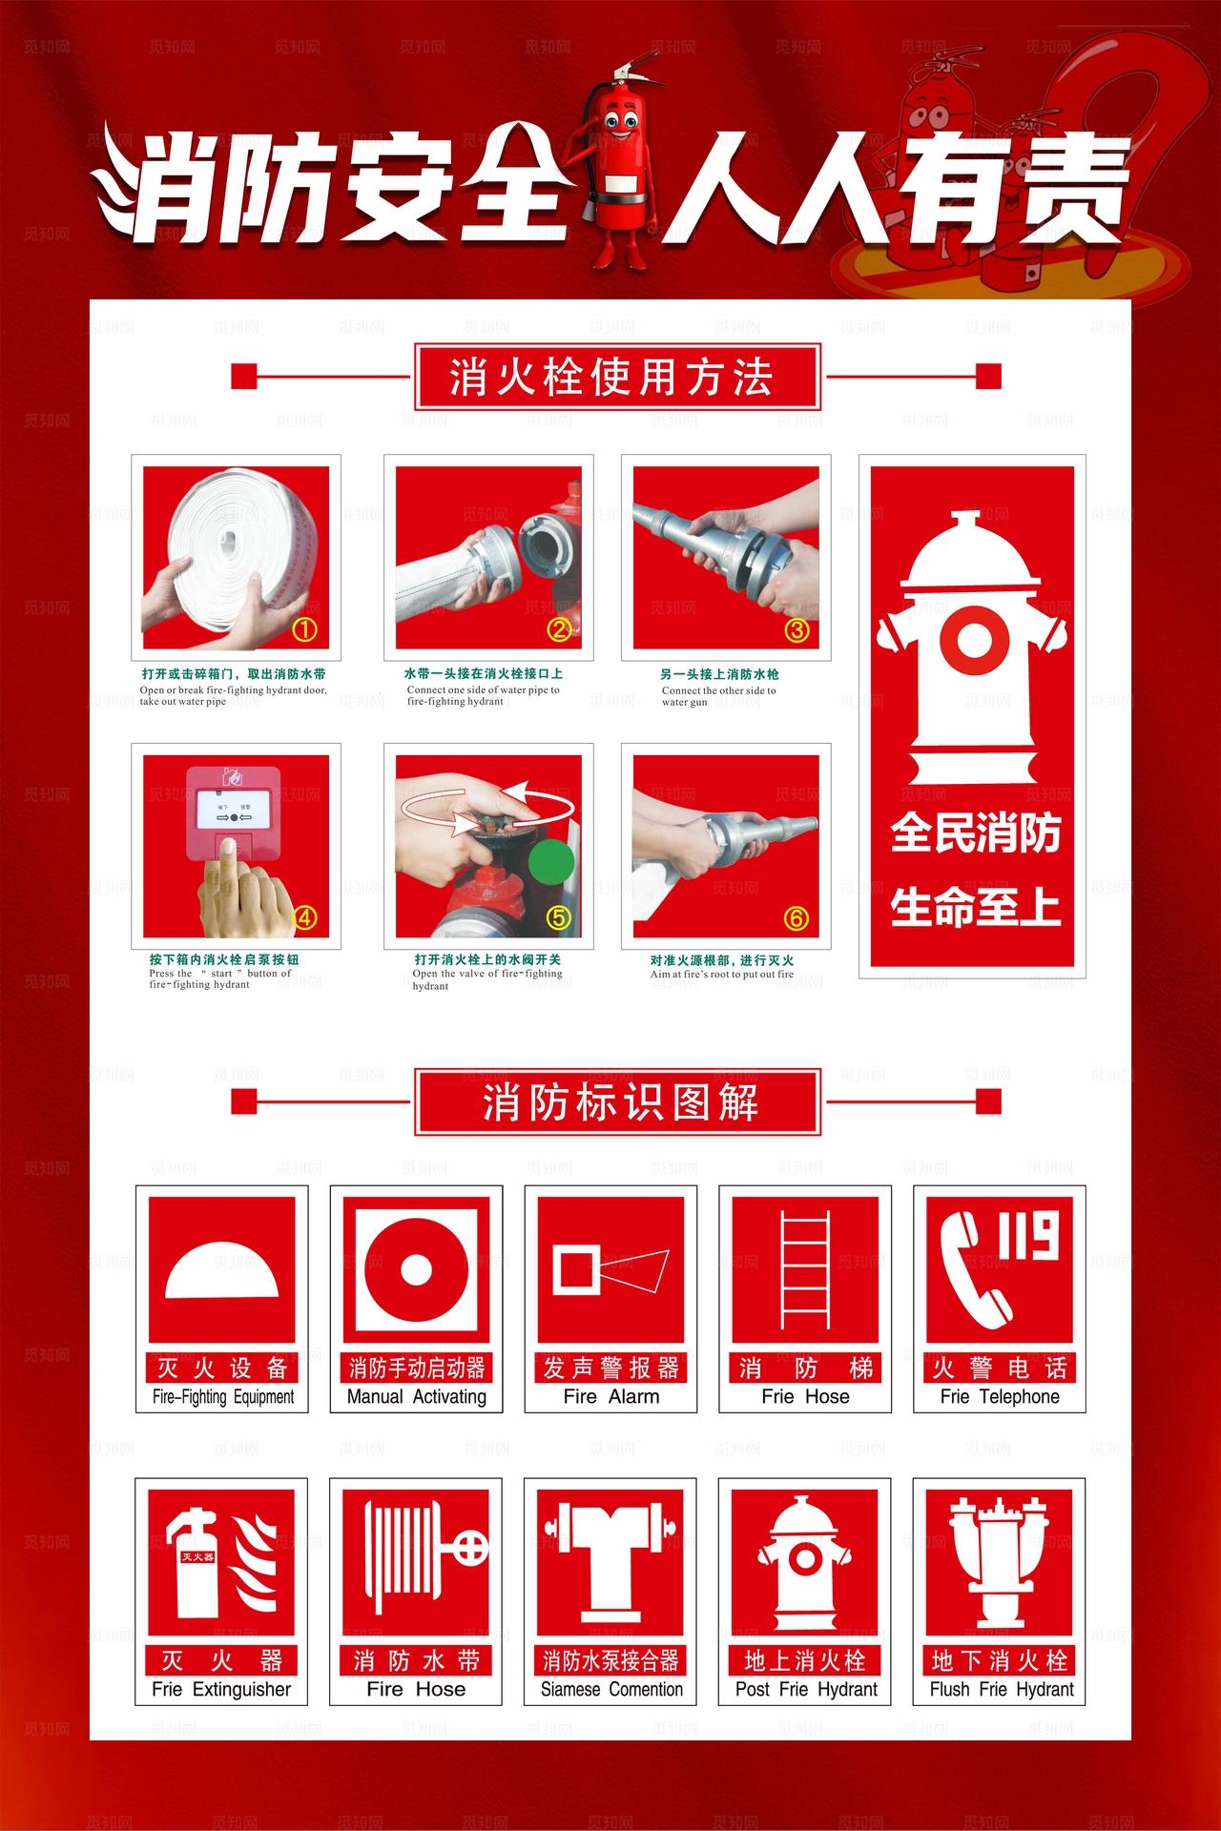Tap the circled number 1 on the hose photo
[303, 629]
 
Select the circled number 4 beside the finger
[303, 917]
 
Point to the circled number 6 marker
[796, 917]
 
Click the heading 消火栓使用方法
[616, 378]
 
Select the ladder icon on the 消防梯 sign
[805, 1269]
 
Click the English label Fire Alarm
[610, 1396]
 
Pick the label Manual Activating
[416, 1396]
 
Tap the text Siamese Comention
[611, 1689]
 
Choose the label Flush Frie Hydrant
[1001, 1689]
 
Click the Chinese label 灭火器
[221, 1660]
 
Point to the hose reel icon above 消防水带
[417, 1554]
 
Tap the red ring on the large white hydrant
[971, 639]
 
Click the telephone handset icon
[973, 1268]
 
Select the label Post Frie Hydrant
[805, 1689]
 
